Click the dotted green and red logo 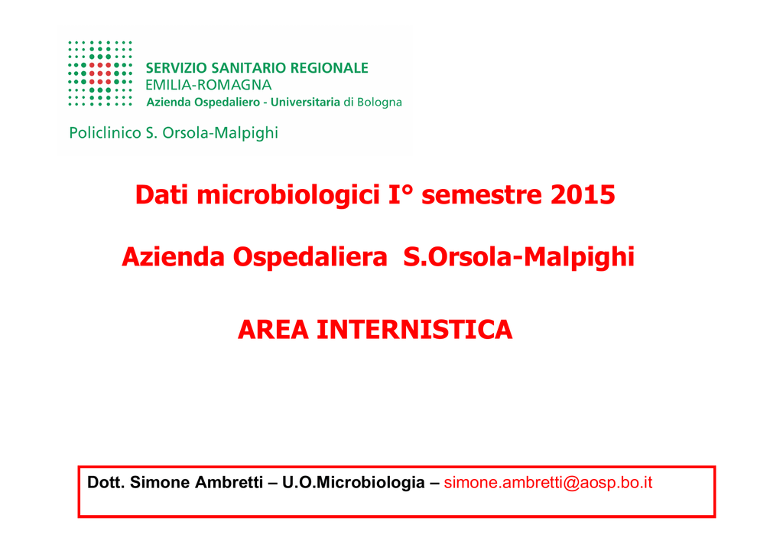(x=100, y=73)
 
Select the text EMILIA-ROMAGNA (x=208, y=85)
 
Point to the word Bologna (x=379, y=103)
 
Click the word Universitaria (x=305, y=102)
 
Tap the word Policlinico (x=105, y=133)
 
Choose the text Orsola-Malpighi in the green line (x=220, y=133)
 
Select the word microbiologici (x=288, y=195)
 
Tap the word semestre (x=482, y=195)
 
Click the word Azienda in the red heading (x=174, y=257)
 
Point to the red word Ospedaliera (x=310, y=258)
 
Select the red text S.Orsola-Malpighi (x=519, y=258)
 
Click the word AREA (x=273, y=330)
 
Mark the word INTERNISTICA (x=415, y=330)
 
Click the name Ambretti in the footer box (x=229, y=483)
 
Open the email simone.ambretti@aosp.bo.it (x=547, y=483)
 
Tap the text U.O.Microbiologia (x=353, y=483)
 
